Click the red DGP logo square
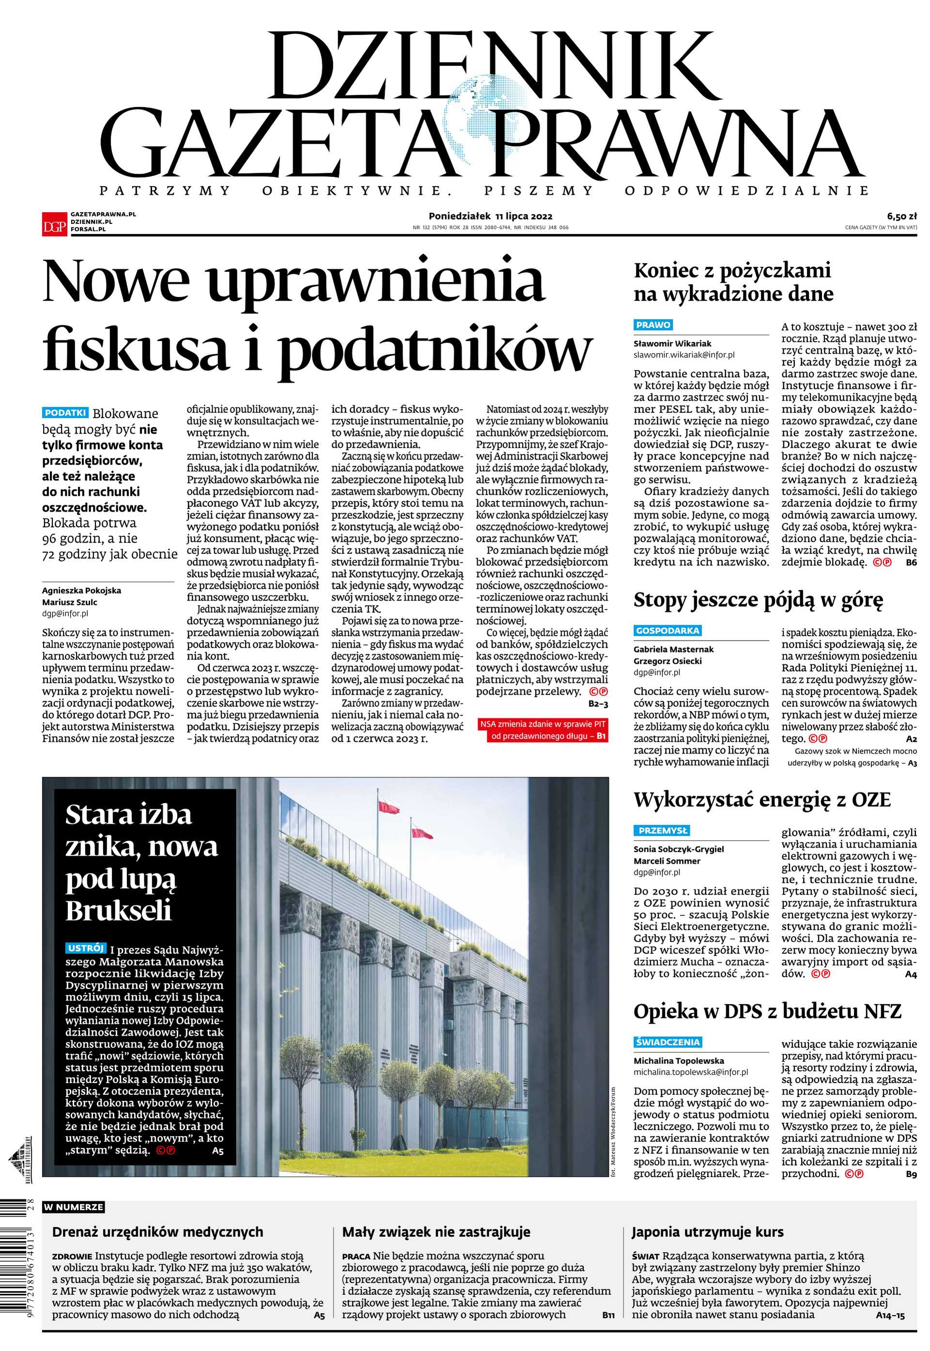click(x=54, y=223)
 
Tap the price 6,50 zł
click(x=902, y=215)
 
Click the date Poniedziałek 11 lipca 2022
click(x=491, y=216)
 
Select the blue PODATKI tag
click(x=65, y=413)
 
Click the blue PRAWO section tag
click(x=653, y=325)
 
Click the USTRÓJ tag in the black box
click(x=86, y=948)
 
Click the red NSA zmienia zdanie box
click(x=542, y=730)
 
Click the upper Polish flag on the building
click(x=388, y=807)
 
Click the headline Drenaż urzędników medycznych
click(x=157, y=1232)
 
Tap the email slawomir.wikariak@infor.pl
click(x=683, y=354)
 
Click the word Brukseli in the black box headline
click(x=118, y=911)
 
